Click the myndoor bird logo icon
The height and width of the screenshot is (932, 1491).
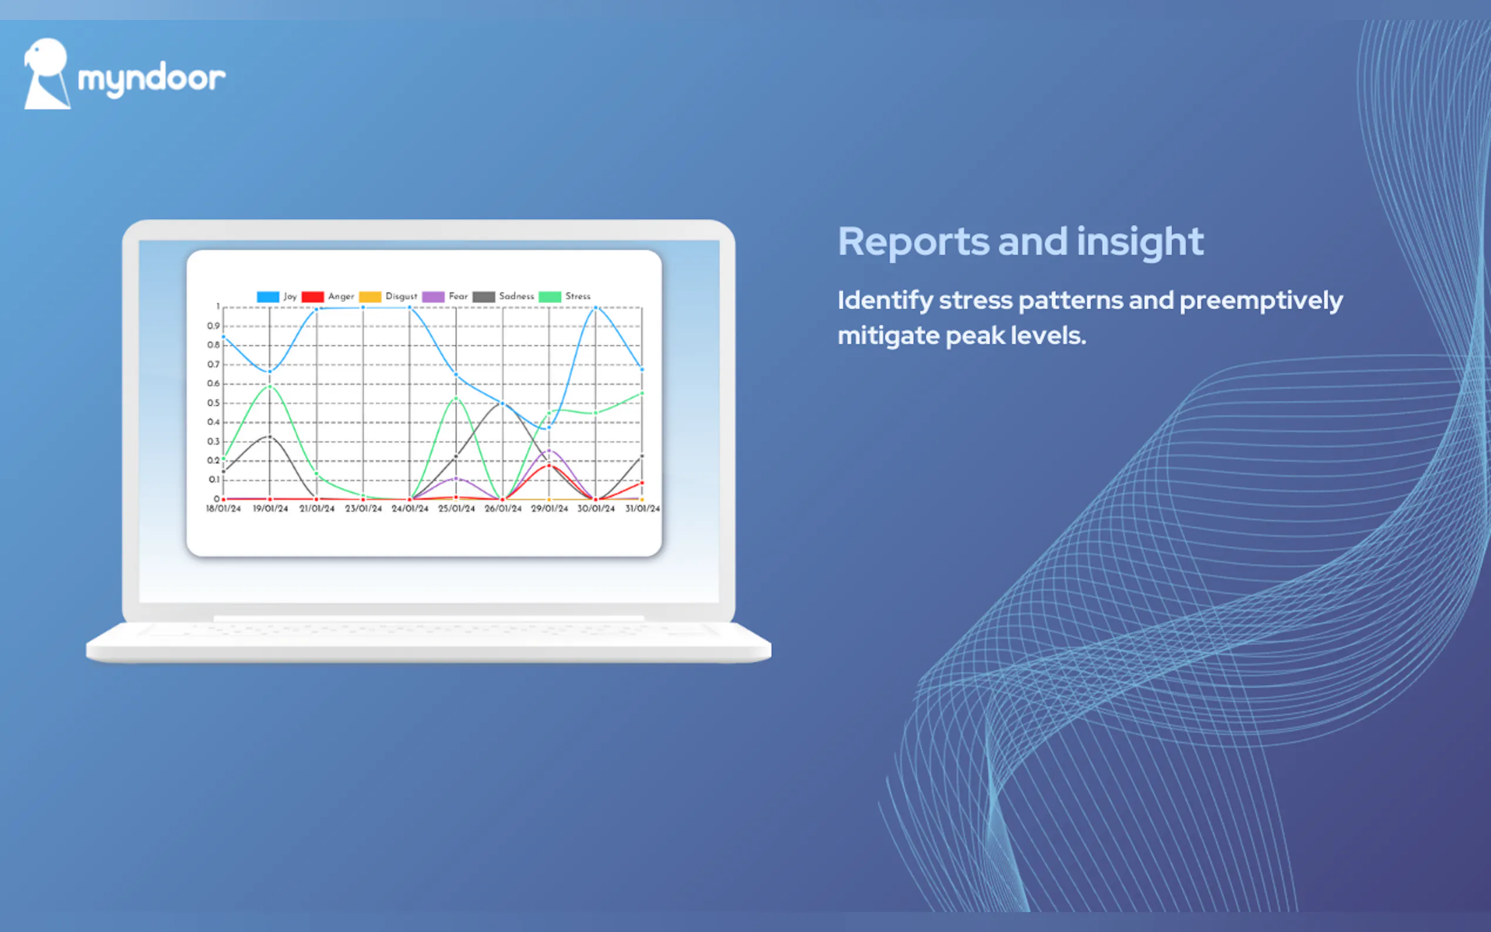click(47, 74)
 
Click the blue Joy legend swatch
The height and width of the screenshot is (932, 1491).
click(268, 296)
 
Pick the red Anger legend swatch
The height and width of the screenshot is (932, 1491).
click(312, 296)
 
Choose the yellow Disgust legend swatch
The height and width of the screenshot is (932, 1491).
click(370, 296)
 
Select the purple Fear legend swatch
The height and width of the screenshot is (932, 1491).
click(433, 296)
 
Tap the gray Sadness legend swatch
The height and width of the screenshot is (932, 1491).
click(484, 296)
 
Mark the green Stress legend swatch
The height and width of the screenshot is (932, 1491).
click(550, 296)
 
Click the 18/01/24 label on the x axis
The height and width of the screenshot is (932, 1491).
click(223, 508)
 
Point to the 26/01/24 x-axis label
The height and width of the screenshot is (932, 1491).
click(503, 508)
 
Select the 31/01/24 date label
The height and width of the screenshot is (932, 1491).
click(642, 508)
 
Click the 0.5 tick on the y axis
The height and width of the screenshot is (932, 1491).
click(213, 403)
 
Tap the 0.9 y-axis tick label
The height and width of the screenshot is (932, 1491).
click(213, 326)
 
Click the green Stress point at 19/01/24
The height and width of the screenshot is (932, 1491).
click(269, 387)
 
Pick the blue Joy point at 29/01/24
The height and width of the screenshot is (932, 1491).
click(549, 427)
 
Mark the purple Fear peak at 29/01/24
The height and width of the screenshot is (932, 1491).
click(549, 451)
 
